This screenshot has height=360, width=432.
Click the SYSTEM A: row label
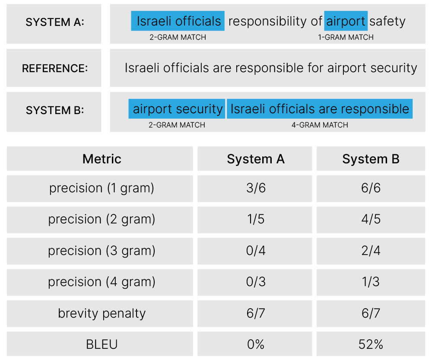54,23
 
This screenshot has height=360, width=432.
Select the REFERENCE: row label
54,68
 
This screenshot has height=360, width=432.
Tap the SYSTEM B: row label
54,111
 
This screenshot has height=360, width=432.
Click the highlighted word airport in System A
346,21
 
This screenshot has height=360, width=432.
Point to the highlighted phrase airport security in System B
178,109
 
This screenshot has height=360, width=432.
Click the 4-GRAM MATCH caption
320,125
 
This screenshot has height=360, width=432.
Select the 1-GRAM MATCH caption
346,38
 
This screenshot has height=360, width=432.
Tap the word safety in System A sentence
388,21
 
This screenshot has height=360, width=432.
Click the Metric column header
102,159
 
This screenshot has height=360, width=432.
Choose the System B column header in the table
371,159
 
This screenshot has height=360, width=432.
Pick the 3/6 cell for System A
256,188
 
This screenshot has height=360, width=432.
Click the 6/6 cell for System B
371,188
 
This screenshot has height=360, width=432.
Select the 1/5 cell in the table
256,220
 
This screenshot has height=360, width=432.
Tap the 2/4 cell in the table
371,251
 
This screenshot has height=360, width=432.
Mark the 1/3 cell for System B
371,282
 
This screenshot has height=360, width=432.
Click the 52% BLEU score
371,344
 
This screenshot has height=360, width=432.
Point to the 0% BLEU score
256,344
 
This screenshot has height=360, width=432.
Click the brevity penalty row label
102,313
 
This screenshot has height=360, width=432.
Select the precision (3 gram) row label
102,251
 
